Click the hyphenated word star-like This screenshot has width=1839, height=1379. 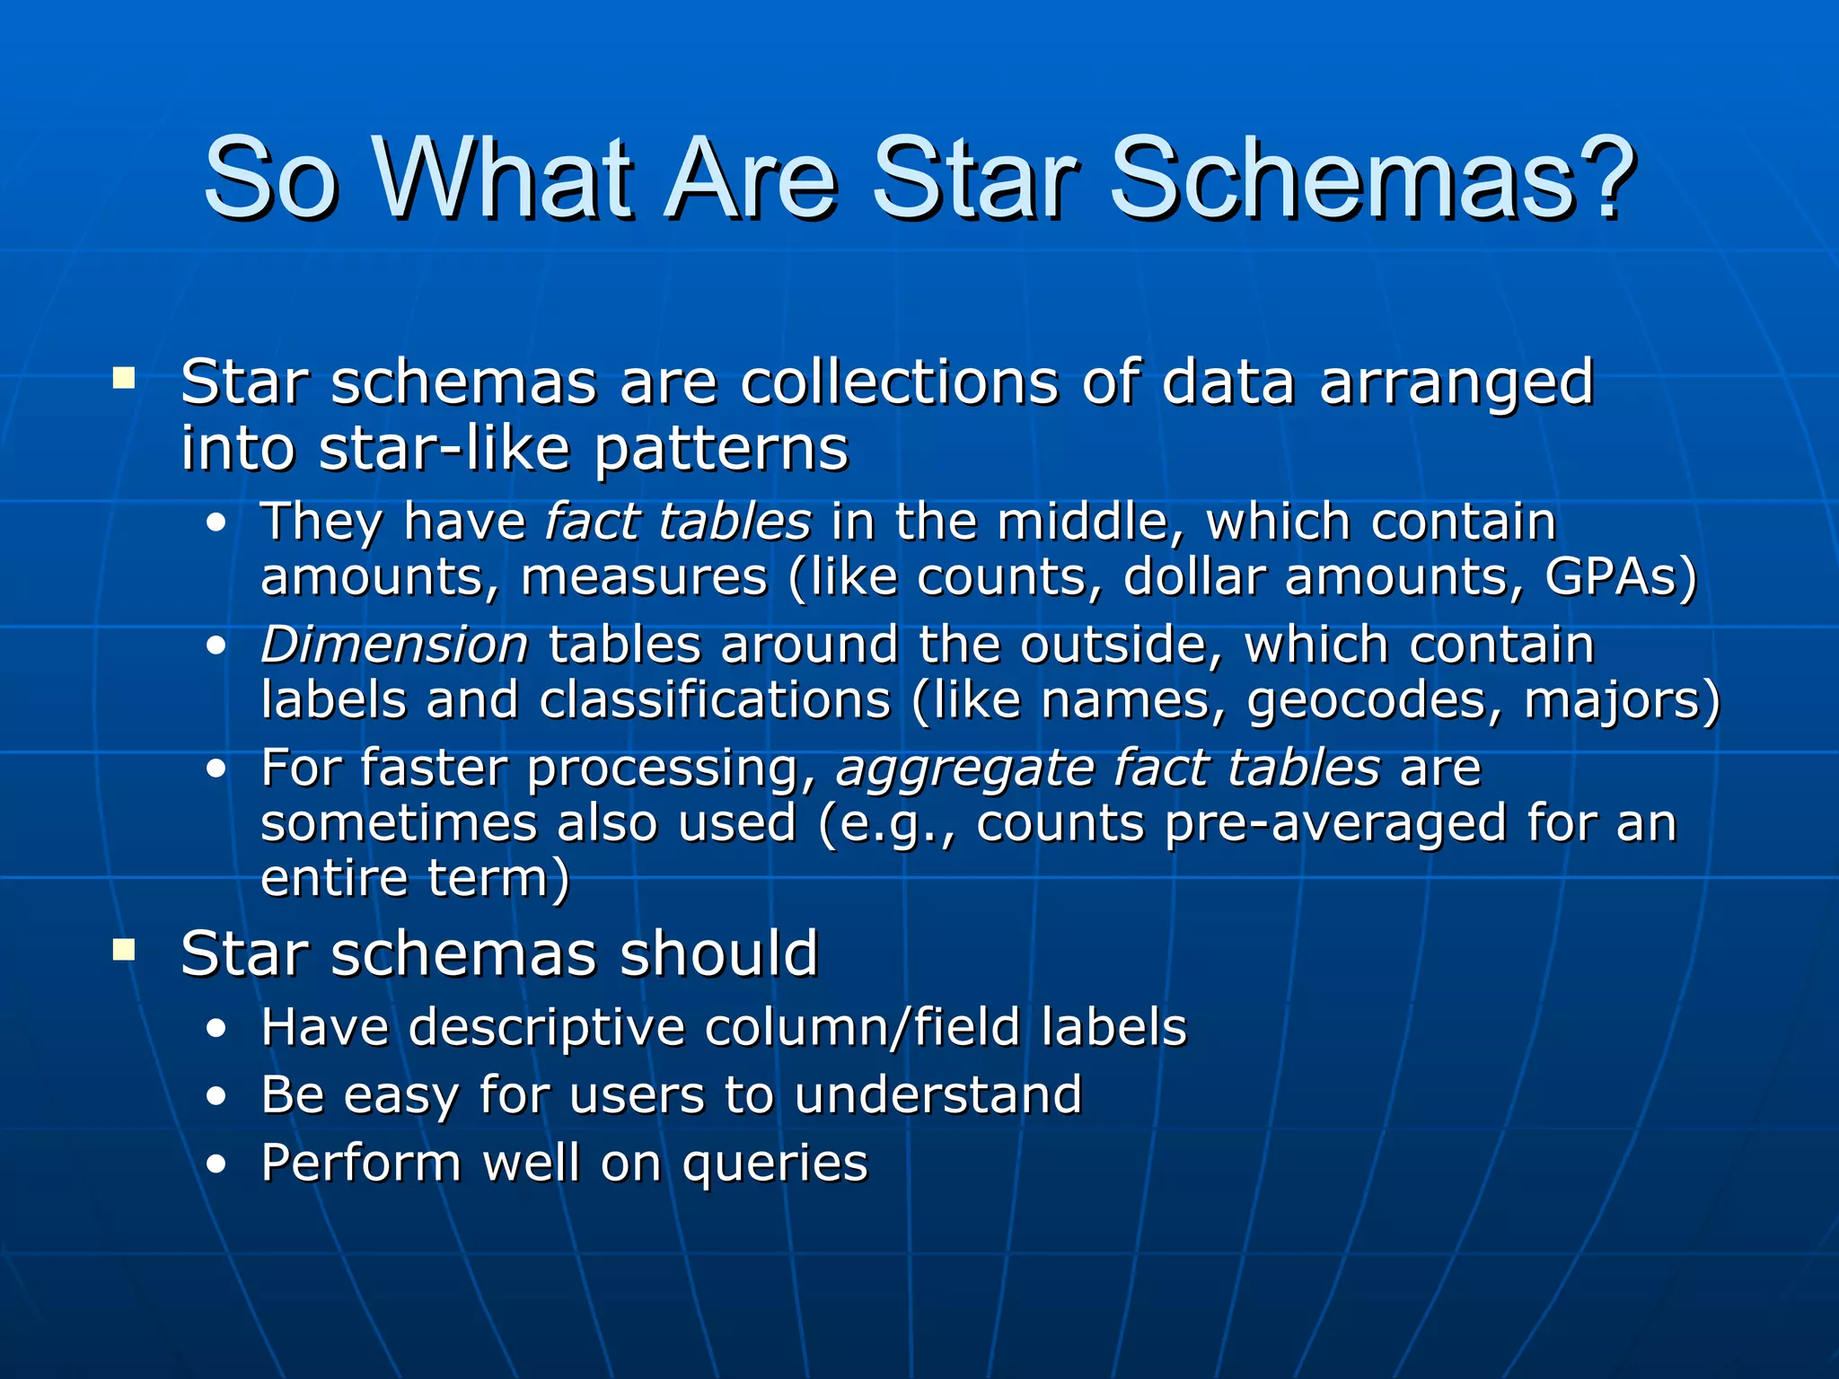pyautogui.click(x=445, y=448)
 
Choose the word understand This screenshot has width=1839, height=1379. pyautogui.click(x=937, y=1095)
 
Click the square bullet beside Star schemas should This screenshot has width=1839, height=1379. pyautogui.click(x=124, y=949)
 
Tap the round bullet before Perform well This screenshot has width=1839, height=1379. pyautogui.click(x=216, y=1165)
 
